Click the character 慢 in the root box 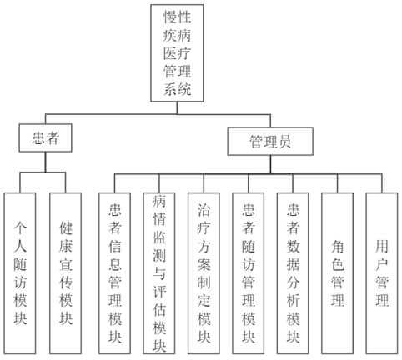pyautogui.click(x=170, y=17)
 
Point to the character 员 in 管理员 pyautogui.click(x=284, y=141)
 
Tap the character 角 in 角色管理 pyautogui.click(x=338, y=247)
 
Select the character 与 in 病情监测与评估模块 pyautogui.click(x=159, y=272)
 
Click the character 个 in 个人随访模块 pyautogui.click(x=20, y=228)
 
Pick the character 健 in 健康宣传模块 pyautogui.click(x=66, y=228)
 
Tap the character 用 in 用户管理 pyautogui.click(x=382, y=247)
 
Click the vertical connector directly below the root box pyautogui.click(x=177, y=108)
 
